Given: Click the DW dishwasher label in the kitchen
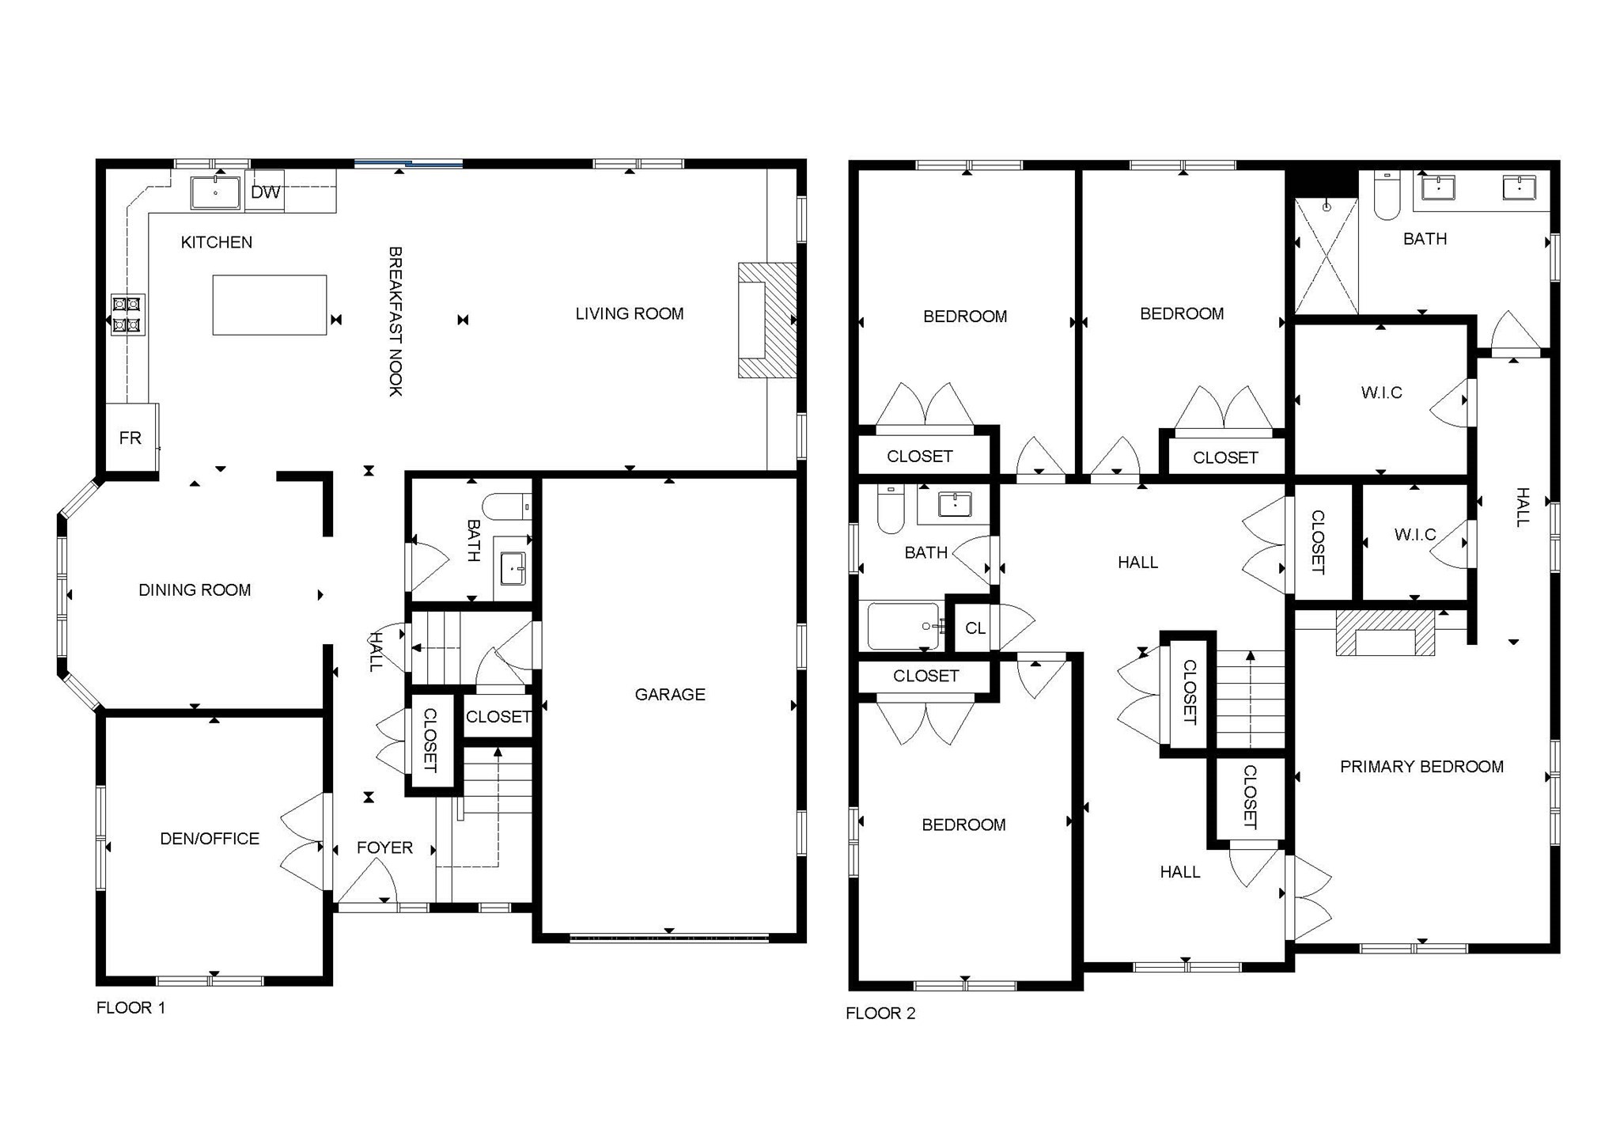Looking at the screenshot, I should [265, 192].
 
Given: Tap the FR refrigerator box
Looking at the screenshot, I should [131, 438].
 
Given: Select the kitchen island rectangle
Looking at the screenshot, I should [269, 305].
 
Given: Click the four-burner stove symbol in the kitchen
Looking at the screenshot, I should [127, 314].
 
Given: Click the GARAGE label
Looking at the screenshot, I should [669, 694].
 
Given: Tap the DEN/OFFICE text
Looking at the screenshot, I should [210, 838].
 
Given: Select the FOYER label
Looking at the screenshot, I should [384, 847].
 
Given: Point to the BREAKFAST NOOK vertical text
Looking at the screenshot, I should [396, 320].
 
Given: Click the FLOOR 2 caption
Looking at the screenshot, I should [880, 1013].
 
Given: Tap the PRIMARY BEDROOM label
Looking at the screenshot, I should [1421, 766].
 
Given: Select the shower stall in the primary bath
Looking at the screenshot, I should [1327, 256].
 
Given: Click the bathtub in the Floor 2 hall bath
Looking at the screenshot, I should [903, 625].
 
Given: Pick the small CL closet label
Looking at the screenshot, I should [975, 627].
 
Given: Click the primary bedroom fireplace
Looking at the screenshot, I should [1385, 633].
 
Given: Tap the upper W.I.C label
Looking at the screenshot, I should [1381, 392].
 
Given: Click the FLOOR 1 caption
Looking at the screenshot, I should [131, 1007].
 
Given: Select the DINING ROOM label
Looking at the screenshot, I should [195, 590].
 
